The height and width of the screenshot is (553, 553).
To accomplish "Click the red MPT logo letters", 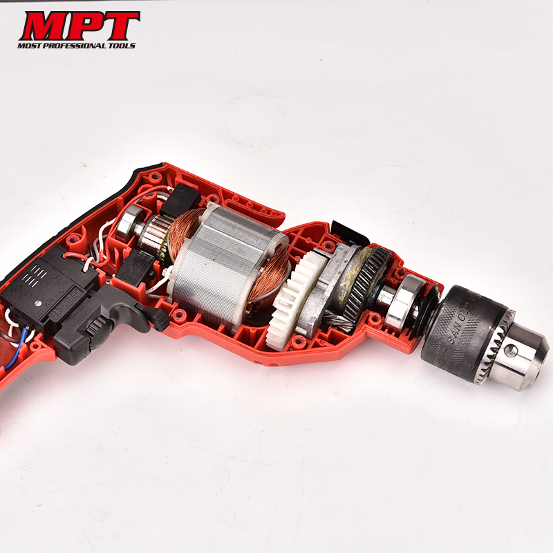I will (x=79, y=26).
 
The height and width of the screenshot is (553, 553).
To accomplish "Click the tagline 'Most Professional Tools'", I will (x=77, y=46).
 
